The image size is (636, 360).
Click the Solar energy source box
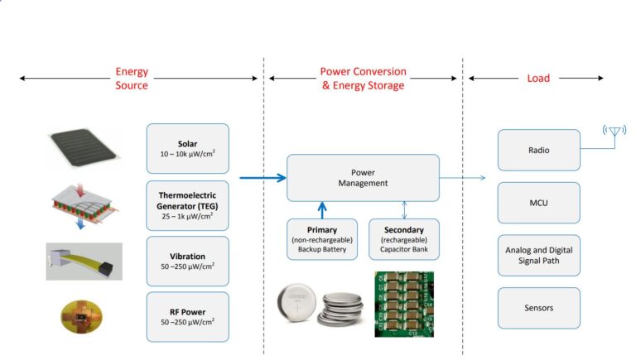click(187, 148)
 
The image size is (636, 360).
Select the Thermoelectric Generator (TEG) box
click(187, 204)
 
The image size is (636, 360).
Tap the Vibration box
click(187, 260)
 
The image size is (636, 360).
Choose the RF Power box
click(187, 316)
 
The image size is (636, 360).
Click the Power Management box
click(363, 177)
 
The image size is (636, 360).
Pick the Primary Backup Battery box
click(321, 239)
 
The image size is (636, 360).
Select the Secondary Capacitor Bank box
click(403, 239)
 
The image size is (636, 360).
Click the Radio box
click(538, 151)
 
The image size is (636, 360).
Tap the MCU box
click(538, 203)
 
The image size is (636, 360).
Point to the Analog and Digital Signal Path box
click(538, 256)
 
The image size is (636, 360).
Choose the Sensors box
click(538, 308)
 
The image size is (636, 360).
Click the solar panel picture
click(84, 150)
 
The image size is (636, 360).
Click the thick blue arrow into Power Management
click(263, 177)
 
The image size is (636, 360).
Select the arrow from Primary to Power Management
click(321, 210)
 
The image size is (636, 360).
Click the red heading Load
click(538, 79)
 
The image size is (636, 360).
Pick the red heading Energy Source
click(132, 79)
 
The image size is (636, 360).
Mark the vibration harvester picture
click(84, 261)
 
